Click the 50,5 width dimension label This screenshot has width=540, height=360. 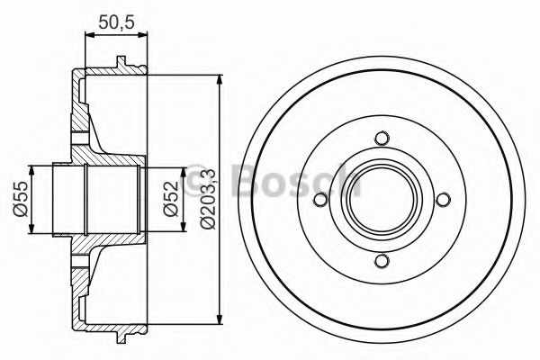pos(116,22)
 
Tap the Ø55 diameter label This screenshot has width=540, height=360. pos(20,199)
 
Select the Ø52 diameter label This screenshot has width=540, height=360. pos(171,199)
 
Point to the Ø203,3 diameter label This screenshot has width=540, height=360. pos(208,199)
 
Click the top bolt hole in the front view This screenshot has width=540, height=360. pos(382,139)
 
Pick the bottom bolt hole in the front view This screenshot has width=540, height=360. pos(382,261)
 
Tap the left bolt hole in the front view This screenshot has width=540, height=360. pos(321,200)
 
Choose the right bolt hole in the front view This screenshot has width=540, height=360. pos(443,200)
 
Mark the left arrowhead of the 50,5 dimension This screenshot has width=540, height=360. pos(89,34)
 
